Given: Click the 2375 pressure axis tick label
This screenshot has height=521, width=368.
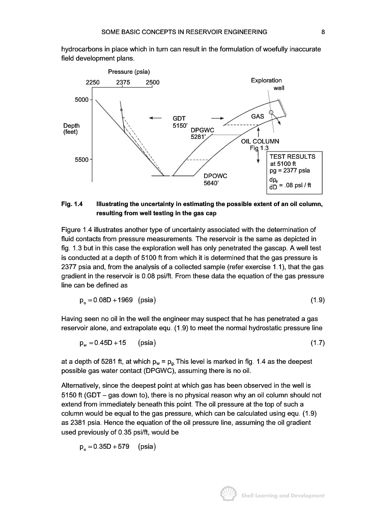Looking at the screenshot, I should point(124,82).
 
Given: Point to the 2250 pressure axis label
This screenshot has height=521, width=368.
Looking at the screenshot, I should point(93,82).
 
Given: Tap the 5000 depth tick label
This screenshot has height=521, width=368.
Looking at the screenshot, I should point(82,99).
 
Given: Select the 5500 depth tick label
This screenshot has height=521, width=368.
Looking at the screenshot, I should point(82,160).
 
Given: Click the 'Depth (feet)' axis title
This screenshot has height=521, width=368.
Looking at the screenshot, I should point(72,128).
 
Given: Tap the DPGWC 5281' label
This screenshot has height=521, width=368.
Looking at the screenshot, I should point(202,133).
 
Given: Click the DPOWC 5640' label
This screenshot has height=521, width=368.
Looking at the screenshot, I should point(215,179).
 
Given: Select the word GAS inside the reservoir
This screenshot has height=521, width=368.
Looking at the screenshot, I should point(258,117).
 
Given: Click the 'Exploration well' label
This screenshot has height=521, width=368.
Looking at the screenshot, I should point(267,84).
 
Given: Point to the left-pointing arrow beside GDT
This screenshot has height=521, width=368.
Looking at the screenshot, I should point(155,118).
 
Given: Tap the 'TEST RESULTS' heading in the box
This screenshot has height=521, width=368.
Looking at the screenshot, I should point(292,157).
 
